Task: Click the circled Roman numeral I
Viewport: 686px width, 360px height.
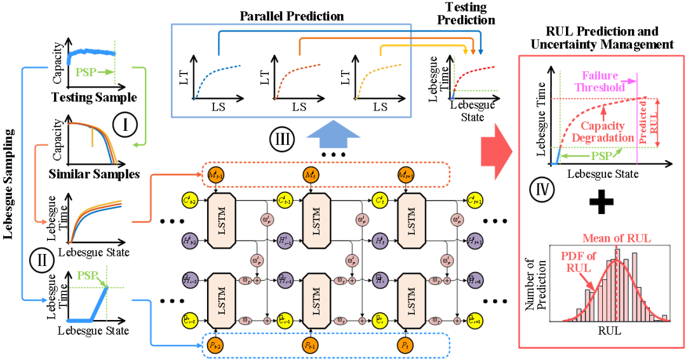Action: click(x=125, y=125)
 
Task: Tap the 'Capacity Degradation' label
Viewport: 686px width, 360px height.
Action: click(x=603, y=132)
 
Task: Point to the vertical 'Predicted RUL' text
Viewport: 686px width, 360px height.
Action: click(x=645, y=121)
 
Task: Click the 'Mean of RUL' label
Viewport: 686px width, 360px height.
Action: click(x=616, y=239)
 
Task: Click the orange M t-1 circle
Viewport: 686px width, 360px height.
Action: click(x=216, y=175)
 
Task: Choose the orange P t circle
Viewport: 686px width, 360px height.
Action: click(x=405, y=345)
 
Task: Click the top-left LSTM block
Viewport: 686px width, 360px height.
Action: click(x=222, y=220)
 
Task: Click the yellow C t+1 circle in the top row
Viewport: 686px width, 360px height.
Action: click(x=474, y=201)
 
